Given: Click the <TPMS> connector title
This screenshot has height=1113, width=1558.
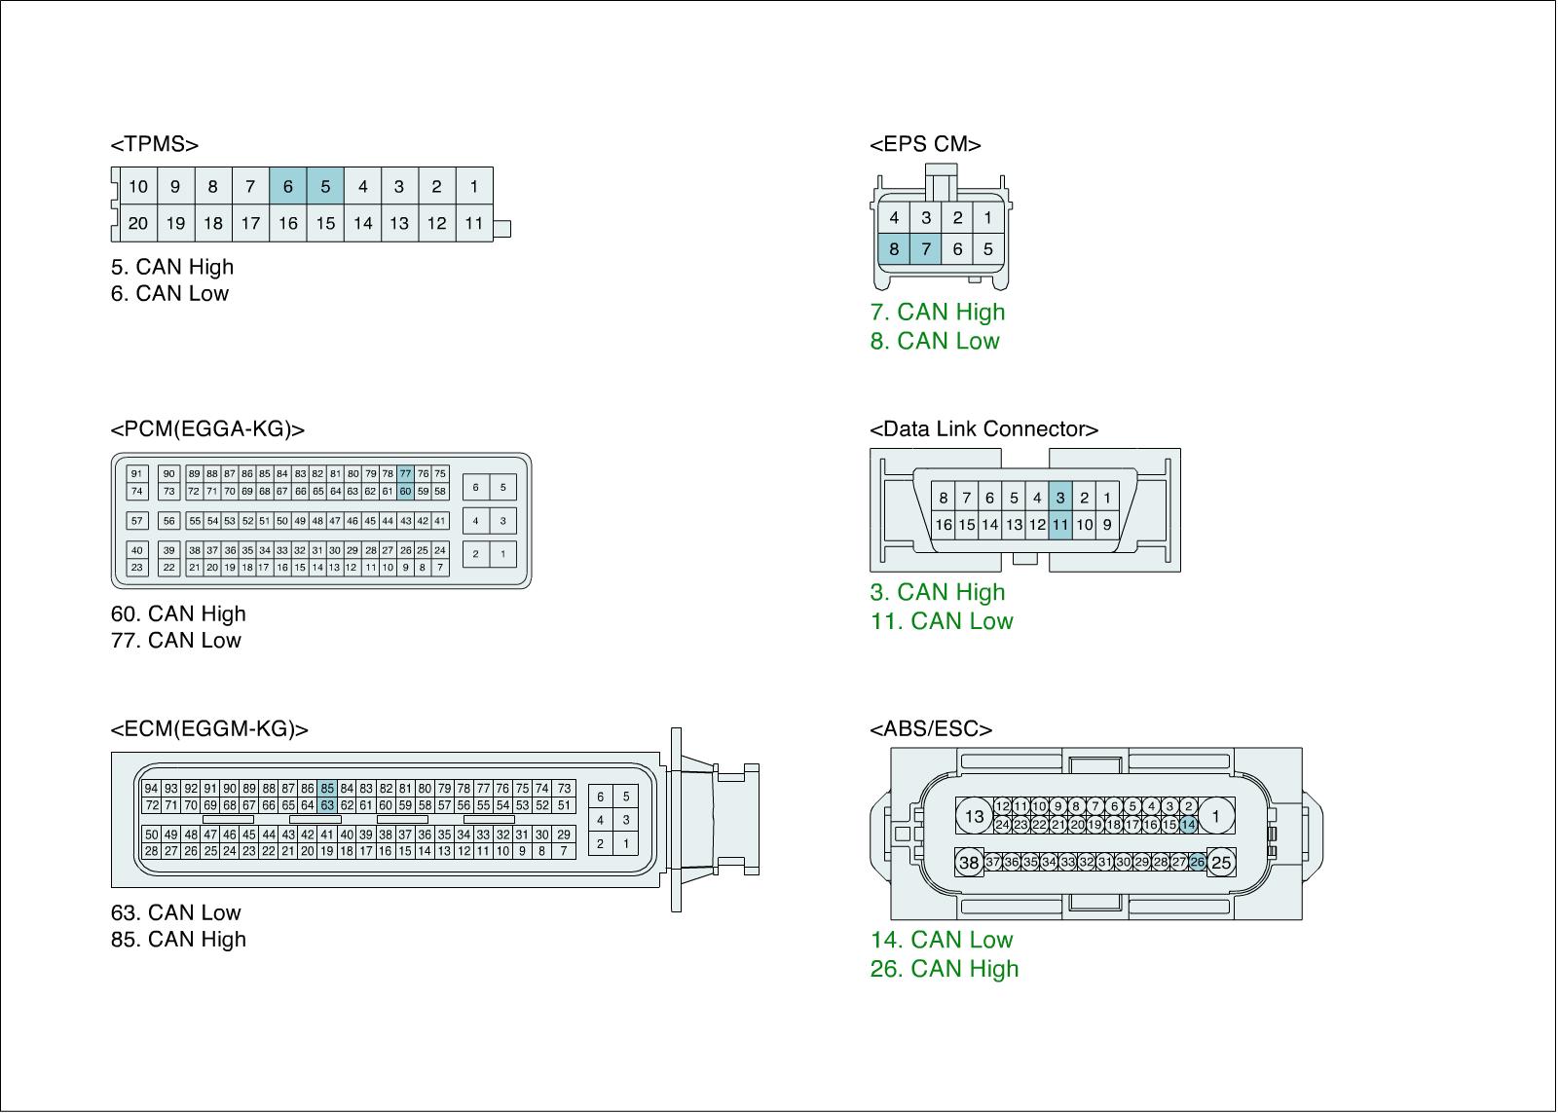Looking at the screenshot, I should pos(155,145).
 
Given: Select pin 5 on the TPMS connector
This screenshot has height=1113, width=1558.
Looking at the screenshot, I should pos(325,186).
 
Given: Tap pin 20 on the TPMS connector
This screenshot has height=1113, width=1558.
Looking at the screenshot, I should pos(138,223).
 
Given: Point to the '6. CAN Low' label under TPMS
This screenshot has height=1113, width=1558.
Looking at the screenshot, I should pos(169,293).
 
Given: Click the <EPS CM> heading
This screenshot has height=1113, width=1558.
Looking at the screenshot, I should pos(925,145).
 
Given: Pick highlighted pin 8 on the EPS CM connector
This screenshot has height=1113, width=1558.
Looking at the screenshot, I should pos(894,249).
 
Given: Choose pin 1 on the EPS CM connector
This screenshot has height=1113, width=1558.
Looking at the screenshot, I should pos(987,218).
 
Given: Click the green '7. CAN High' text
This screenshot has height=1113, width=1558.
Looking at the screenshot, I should pos(937,312).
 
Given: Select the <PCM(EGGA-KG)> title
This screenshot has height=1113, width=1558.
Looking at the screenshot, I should pos(207,429).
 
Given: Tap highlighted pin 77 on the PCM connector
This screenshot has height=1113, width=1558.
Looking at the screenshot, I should pos(406,473).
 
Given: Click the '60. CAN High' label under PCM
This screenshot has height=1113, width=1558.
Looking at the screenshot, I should pos(178,613).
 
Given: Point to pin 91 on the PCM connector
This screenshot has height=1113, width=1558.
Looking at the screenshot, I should pos(137,473).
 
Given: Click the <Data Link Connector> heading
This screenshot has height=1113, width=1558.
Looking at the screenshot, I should pos(983,429).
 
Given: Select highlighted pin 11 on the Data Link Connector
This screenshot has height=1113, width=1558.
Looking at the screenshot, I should pos(1059,525).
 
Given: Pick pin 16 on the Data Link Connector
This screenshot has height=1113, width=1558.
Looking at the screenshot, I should pos(943,525).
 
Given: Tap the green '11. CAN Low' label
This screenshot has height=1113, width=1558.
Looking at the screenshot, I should pos(942,621).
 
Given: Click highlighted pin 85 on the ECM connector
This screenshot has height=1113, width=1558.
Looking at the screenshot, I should pos(327,788).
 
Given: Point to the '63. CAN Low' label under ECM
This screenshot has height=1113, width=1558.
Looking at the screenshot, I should pos(175,912).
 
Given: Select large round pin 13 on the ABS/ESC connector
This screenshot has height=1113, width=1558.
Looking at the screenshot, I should pos(975,816).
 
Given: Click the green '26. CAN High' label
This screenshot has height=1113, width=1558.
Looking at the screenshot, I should pos(945,969).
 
